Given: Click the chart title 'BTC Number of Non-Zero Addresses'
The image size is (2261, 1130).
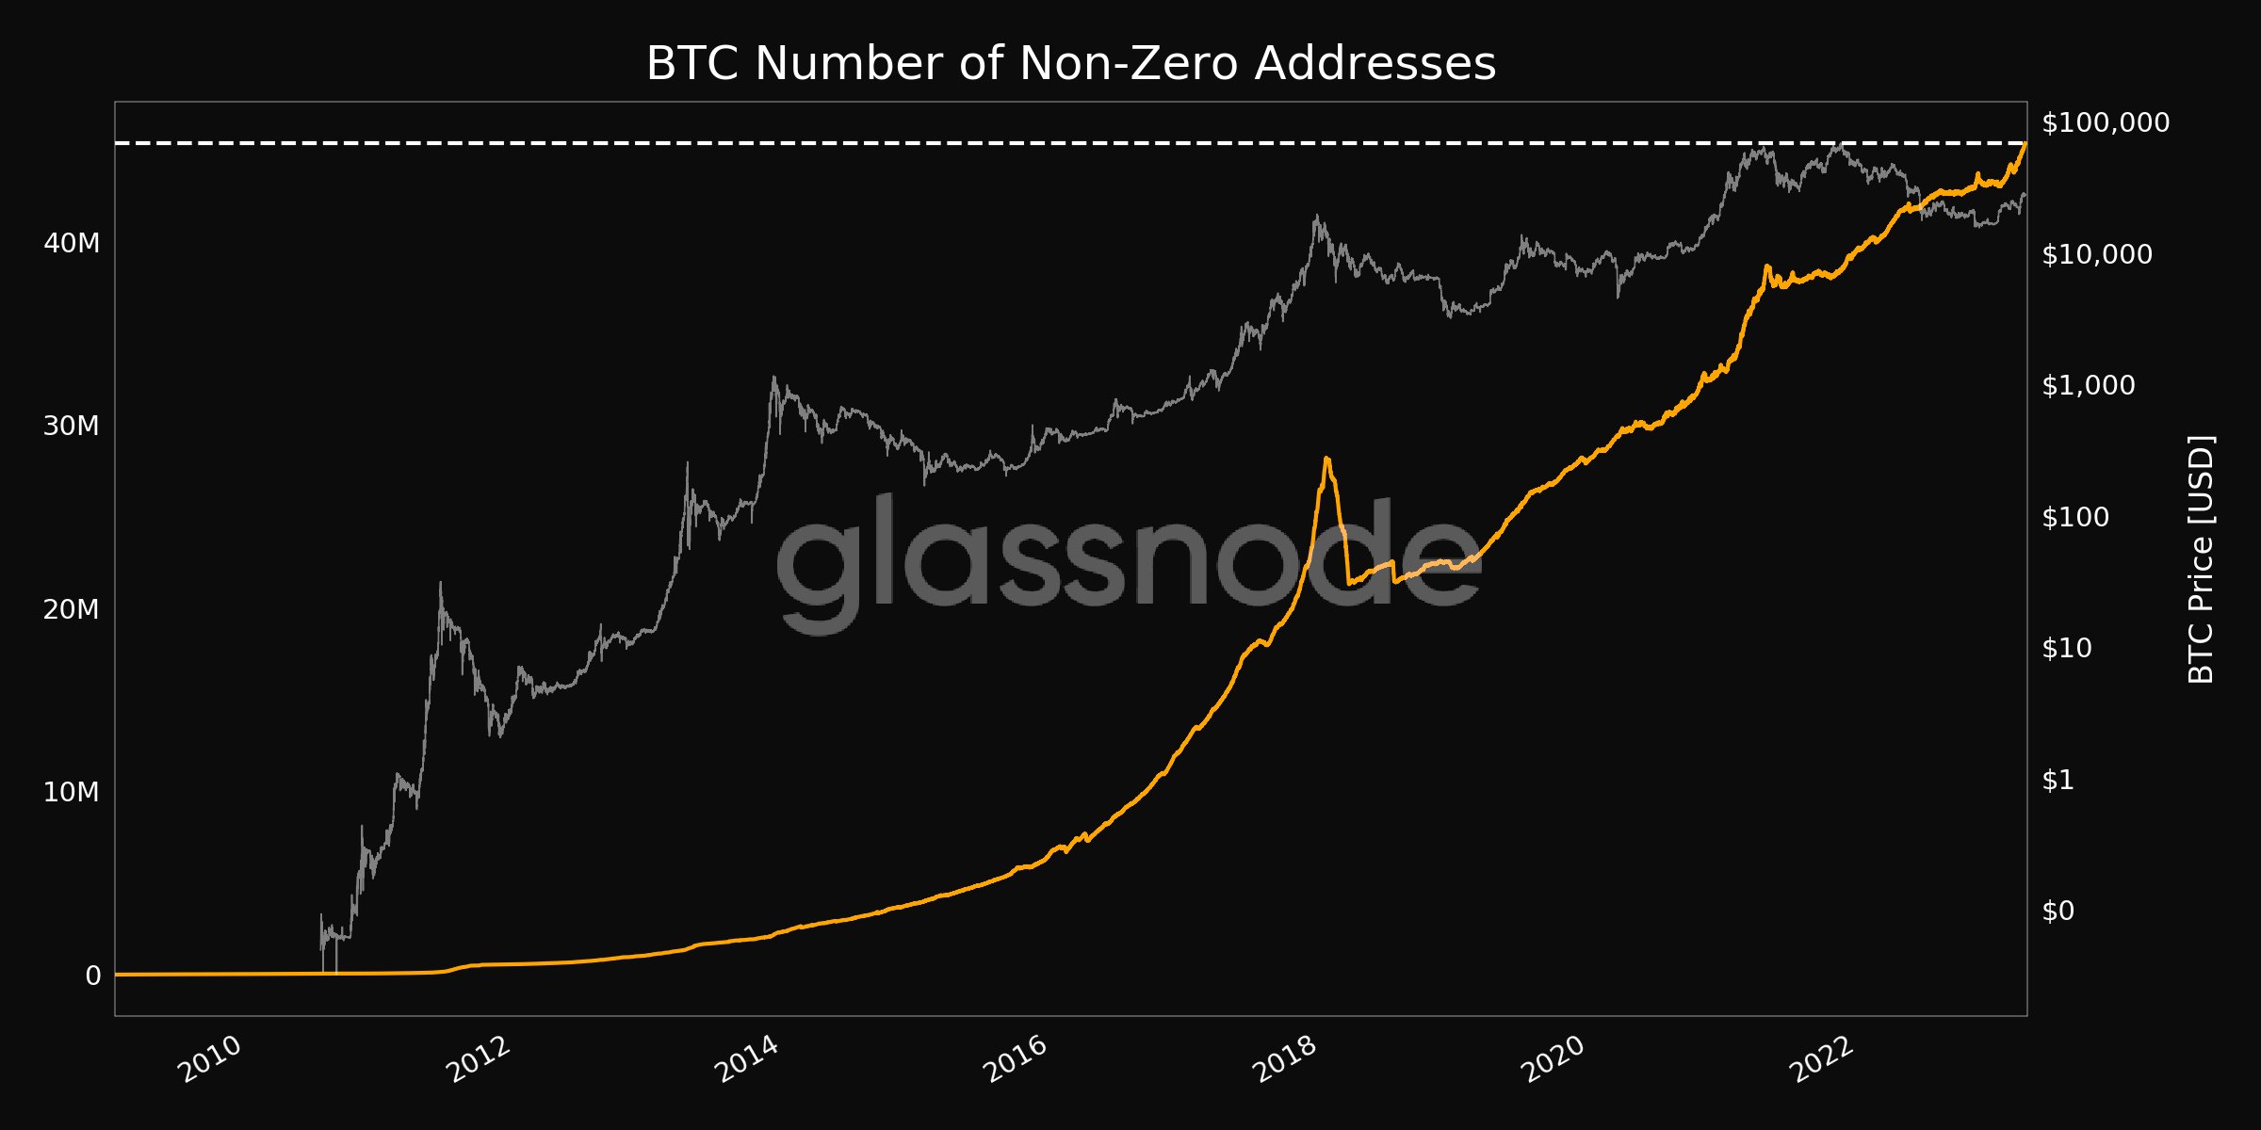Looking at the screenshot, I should click(x=1071, y=65).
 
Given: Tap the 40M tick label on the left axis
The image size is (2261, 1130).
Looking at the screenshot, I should click(x=72, y=244).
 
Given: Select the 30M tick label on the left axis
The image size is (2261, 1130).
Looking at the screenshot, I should click(x=72, y=427).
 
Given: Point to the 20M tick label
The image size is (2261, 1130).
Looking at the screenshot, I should click(x=72, y=610).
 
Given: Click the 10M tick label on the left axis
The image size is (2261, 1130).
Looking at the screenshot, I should click(x=72, y=793).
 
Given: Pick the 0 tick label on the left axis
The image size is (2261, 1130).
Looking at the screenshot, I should click(x=92, y=977).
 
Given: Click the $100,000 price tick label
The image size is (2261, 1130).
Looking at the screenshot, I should click(x=2105, y=122).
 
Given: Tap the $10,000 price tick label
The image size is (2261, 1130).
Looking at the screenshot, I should click(x=2096, y=254).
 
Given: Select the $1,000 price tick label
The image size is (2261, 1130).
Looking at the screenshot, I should click(x=2088, y=385).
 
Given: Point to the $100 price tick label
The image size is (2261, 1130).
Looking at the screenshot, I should click(x=2074, y=517).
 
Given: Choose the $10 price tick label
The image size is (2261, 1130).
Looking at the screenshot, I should click(x=2066, y=648).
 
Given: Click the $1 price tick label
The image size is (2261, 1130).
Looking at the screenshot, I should click(x=2058, y=780).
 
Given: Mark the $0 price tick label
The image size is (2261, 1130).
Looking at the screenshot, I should click(x=2058, y=911).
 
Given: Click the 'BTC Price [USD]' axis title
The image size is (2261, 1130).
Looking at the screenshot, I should click(x=2201, y=559).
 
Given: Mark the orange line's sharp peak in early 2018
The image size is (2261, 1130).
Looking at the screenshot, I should click(x=1326, y=459).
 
